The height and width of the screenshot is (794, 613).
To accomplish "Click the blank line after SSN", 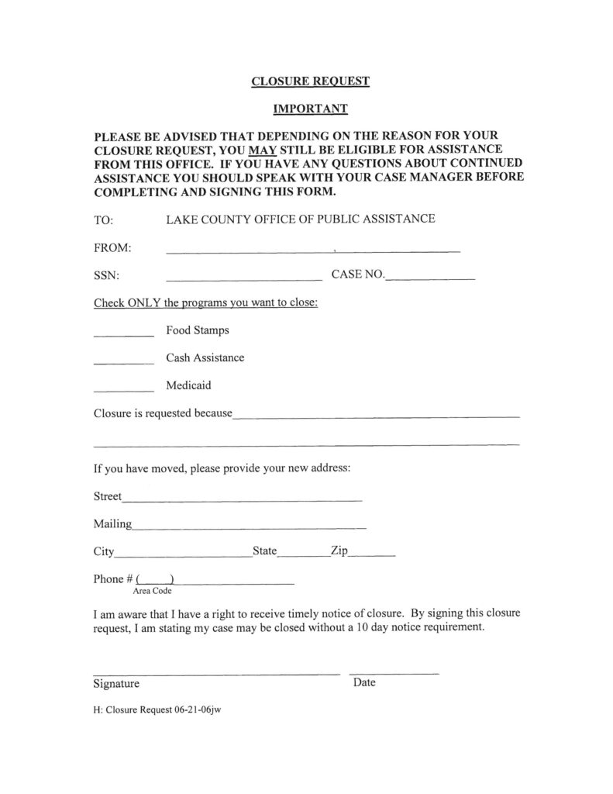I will point(243,278).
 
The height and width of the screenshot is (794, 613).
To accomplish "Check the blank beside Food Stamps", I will point(123,335).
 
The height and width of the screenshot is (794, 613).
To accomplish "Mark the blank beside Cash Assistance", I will point(123,362).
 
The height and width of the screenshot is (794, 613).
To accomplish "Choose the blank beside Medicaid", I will point(123,389).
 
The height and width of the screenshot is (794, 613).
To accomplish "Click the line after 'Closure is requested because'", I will point(376,417).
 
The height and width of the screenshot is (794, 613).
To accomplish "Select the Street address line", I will point(242,500).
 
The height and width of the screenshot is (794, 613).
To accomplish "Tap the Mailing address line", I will point(249,528).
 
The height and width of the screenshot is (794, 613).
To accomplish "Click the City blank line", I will point(183,556).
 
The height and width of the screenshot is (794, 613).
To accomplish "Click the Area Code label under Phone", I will point(152,591).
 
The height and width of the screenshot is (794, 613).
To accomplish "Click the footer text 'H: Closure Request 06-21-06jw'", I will point(158,709).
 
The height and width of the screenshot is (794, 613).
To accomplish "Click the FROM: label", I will point(112,248).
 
